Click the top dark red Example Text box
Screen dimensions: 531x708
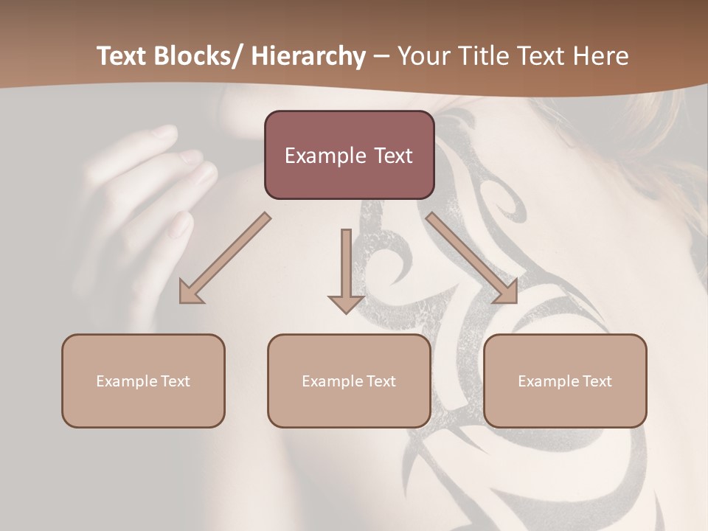[x=349, y=155]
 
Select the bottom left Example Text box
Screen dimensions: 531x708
[x=143, y=381]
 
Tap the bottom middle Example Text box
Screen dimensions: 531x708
[x=349, y=381]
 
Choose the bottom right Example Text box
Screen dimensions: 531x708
[x=565, y=381]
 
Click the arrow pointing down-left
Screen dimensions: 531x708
[x=224, y=259]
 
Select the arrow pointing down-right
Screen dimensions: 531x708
[x=472, y=259]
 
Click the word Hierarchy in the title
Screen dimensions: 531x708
[x=308, y=56]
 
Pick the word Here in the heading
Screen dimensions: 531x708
[x=603, y=56]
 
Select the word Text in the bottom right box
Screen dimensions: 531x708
[x=596, y=381]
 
